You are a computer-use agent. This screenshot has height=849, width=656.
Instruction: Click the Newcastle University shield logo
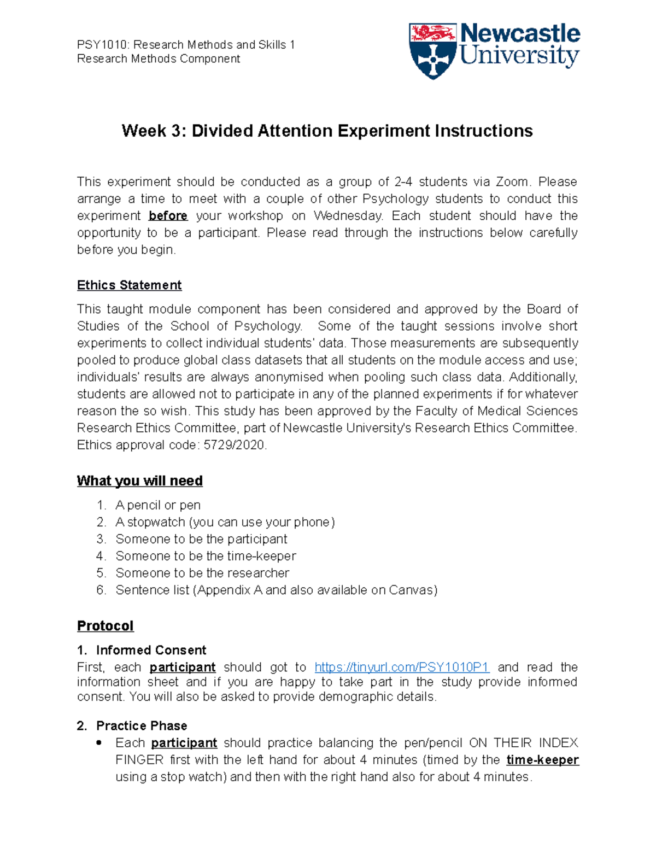[432, 51]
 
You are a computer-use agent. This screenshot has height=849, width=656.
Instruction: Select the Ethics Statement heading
[129, 285]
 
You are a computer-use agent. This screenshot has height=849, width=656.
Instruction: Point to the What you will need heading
[139, 481]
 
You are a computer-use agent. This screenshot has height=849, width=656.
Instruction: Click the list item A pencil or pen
[158, 505]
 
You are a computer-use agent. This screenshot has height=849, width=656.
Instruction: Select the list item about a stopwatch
[225, 522]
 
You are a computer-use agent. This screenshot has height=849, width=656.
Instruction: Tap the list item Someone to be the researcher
[202, 573]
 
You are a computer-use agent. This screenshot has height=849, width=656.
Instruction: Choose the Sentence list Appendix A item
[276, 590]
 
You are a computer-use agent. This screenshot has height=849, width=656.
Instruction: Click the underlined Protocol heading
[105, 626]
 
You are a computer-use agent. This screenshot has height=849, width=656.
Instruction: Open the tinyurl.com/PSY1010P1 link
[402, 668]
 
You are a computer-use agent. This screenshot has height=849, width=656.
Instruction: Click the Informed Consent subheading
[151, 650]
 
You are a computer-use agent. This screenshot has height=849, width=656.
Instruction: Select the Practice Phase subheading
[142, 725]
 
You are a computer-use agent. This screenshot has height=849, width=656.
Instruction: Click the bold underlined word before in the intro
[168, 216]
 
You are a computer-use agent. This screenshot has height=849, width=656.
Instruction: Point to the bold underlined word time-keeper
[542, 760]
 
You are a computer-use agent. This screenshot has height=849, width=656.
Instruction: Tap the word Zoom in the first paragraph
[512, 182]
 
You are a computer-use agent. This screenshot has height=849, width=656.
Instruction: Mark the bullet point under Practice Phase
[99, 743]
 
